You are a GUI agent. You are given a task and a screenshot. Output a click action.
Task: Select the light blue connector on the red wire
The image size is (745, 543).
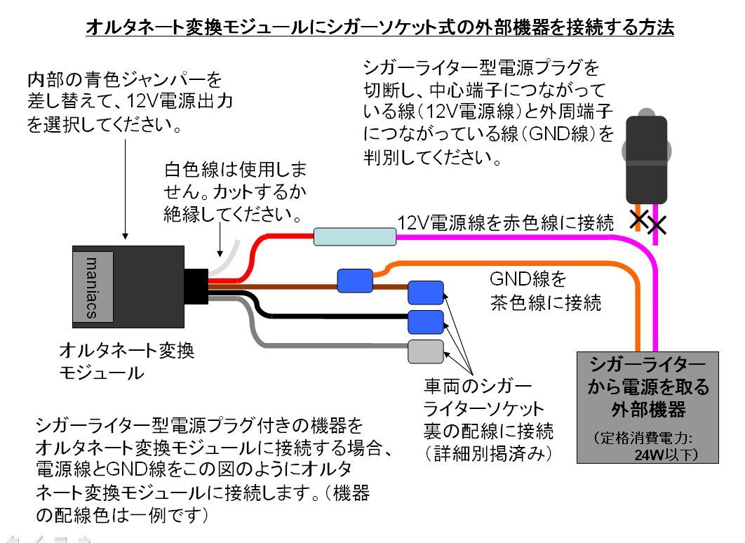[355, 236]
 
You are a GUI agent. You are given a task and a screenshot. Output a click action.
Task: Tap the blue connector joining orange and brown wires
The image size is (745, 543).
[355, 281]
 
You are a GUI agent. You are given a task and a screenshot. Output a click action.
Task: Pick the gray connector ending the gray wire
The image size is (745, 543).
[426, 351]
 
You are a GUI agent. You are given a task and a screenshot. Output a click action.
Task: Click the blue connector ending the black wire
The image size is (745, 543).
[426, 321]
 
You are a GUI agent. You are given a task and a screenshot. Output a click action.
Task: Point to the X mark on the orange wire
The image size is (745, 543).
[638, 219]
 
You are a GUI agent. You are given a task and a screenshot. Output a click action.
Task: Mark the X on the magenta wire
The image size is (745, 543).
[657, 226]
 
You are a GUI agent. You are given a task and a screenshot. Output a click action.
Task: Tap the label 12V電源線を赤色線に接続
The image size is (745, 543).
[506, 222]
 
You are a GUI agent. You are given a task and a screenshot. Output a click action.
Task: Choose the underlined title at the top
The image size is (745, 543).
[379, 28]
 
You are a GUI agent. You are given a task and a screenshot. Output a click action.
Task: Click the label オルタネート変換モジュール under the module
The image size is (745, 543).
[126, 361]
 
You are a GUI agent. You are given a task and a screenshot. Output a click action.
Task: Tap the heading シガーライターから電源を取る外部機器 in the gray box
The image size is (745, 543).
[648, 385]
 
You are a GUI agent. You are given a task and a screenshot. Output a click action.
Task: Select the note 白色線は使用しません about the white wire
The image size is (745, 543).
[235, 191]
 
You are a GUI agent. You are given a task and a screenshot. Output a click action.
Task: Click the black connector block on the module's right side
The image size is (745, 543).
[196, 286]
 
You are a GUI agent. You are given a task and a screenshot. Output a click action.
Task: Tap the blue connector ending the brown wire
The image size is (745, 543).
[426, 292]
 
